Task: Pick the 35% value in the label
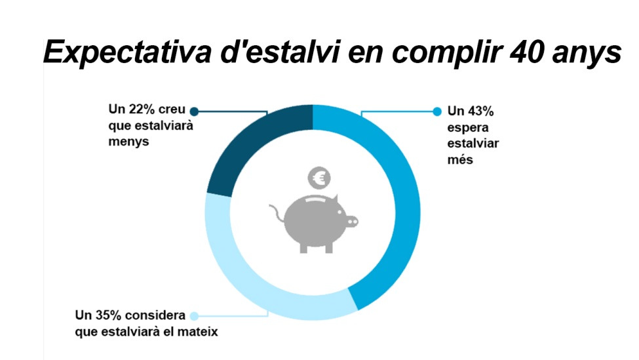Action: coord(111,315)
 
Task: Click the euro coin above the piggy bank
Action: coord(320,177)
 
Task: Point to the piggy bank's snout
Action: coord(351,222)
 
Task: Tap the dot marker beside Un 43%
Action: coord(438,111)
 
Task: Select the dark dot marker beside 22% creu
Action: coord(193,111)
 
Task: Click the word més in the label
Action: coord(460,159)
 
